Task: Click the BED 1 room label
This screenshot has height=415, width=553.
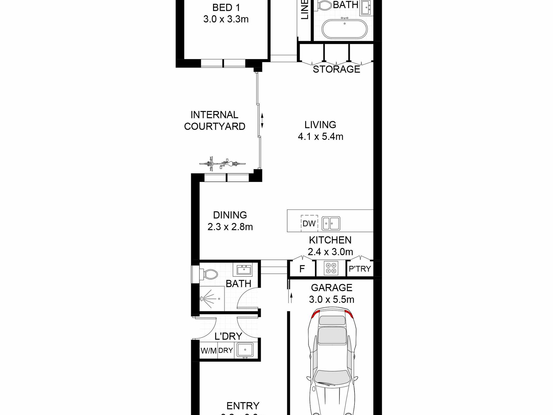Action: point(226,13)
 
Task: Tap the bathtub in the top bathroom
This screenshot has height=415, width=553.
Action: point(345,29)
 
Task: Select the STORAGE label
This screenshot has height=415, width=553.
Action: point(336,69)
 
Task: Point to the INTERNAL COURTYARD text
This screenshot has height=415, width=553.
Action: point(215,121)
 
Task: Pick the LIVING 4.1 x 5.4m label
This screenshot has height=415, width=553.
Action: point(320,131)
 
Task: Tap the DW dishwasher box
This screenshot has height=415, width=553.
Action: point(309,223)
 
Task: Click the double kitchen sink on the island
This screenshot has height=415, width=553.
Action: point(331,224)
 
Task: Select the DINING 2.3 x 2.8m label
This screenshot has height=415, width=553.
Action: point(230,221)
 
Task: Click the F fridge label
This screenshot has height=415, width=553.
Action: point(302,269)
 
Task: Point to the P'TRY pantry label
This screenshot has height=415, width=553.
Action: point(360,269)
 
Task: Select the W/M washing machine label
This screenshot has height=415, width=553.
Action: point(208,351)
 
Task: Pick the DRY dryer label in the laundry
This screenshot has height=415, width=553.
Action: point(226,350)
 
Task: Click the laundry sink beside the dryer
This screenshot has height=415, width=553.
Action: point(245,349)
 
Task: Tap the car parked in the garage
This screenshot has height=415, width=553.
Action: point(332,364)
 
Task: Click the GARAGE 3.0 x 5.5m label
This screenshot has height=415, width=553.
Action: point(332,294)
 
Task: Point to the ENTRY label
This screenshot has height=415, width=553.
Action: point(243,406)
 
